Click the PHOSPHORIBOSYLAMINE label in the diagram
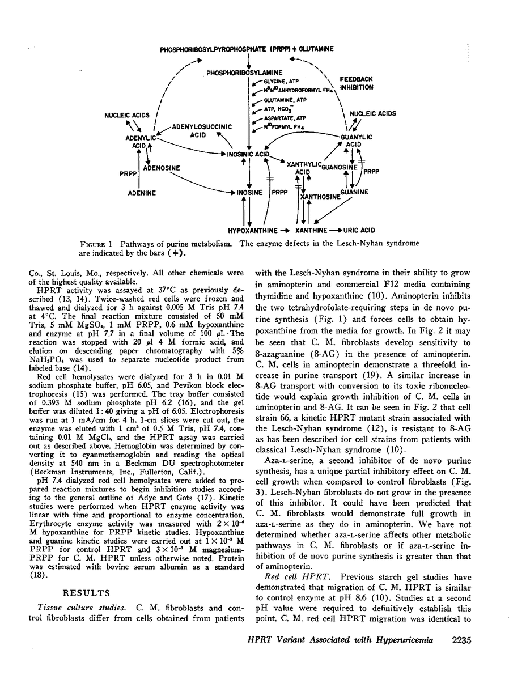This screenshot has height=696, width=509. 244,73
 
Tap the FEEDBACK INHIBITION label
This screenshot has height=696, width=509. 356,84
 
